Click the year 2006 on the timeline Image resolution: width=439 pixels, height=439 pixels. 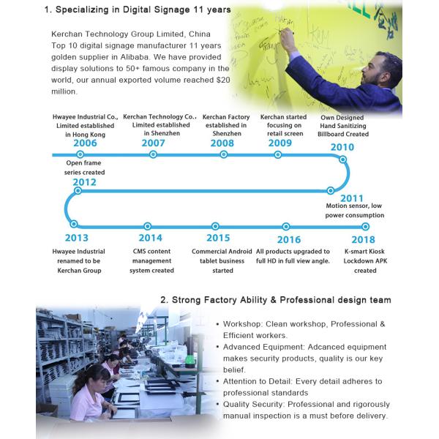85,143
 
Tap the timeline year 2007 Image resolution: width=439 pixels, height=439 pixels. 153,143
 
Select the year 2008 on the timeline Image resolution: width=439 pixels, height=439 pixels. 222,143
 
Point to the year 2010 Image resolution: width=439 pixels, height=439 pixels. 342,147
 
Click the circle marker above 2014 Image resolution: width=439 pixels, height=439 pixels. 148,226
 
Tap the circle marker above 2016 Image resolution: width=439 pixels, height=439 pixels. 286,226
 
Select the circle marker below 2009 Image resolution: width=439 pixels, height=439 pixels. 280,154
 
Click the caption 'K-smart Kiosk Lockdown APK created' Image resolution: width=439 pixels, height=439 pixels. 360,261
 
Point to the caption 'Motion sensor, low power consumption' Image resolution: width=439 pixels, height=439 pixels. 354,211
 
